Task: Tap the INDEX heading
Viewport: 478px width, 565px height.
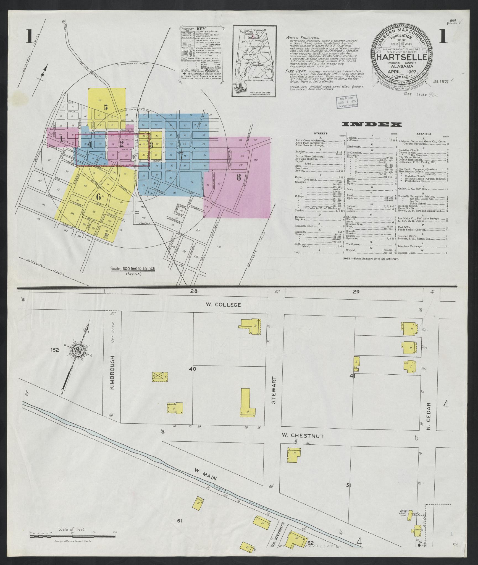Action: coord(372,125)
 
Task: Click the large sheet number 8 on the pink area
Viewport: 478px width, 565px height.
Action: coord(239,178)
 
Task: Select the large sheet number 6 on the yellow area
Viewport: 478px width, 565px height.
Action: coord(98,196)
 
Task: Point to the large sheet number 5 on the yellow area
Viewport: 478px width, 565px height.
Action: coord(106,106)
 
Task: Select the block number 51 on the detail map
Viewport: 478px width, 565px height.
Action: coord(349,493)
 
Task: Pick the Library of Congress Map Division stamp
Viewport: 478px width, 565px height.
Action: coord(347,102)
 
